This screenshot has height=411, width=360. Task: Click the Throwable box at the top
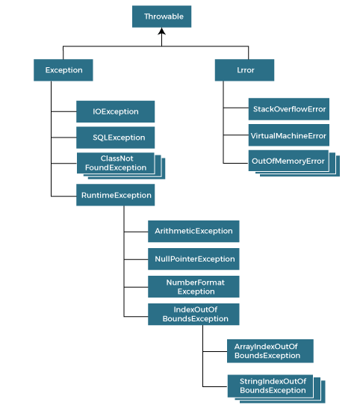coord(162,16)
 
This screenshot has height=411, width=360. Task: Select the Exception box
coord(63,70)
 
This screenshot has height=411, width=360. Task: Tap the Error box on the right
coord(234,70)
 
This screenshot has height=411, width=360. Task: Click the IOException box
coord(115,111)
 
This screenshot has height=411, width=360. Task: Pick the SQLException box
coord(115,137)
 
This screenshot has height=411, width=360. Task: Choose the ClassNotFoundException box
coord(115,163)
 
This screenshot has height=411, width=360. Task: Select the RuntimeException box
coord(115,195)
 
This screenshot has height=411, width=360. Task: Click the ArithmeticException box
coord(193,232)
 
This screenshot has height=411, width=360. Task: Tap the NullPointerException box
coord(193,259)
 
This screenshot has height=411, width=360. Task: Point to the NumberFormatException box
coord(193,286)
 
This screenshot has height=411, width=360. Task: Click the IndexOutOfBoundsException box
coord(193,314)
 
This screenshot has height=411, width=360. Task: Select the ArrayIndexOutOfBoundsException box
coord(270,351)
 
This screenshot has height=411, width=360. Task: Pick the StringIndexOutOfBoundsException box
coord(273,386)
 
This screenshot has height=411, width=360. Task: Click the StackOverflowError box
coord(288,109)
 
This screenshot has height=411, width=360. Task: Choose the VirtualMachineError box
coord(288,135)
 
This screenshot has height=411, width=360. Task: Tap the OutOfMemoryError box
coord(288,161)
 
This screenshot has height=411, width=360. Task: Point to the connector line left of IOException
coord(63,111)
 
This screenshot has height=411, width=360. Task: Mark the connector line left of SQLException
coord(63,137)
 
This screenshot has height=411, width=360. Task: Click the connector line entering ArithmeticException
coord(135,232)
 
